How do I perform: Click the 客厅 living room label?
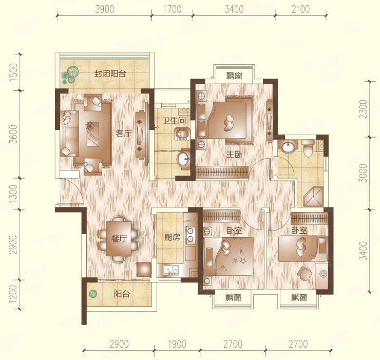124,134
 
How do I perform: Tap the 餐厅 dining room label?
119,239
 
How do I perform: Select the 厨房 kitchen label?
173,237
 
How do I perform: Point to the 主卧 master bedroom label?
234,154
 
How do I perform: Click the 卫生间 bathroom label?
174,121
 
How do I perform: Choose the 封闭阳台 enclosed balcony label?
110,73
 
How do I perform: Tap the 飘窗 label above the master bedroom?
234,75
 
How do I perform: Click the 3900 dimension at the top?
104,9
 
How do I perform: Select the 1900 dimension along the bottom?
177,344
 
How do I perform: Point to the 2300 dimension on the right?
364,109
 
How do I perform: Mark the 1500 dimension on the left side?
14,72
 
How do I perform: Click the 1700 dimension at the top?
173,9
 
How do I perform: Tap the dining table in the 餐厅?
119,239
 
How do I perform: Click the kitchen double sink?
171,271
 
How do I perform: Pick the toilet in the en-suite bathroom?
308,148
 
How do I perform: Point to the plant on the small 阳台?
92,294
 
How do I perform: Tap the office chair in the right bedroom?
304,273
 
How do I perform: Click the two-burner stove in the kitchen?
190,235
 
